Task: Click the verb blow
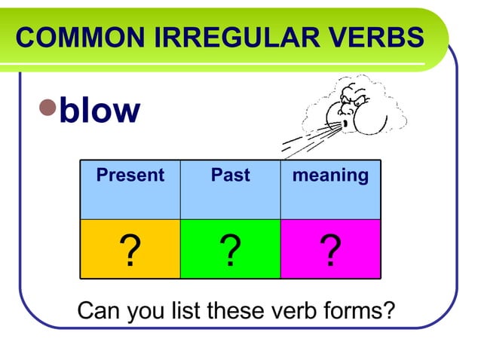(x=100, y=111)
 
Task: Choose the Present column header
(x=130, y=176)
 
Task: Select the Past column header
(x=230, y=176)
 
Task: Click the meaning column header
(x=330, y=176)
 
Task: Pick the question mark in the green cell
(x=230, y=251)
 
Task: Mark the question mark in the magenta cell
(x=330, y=251)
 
